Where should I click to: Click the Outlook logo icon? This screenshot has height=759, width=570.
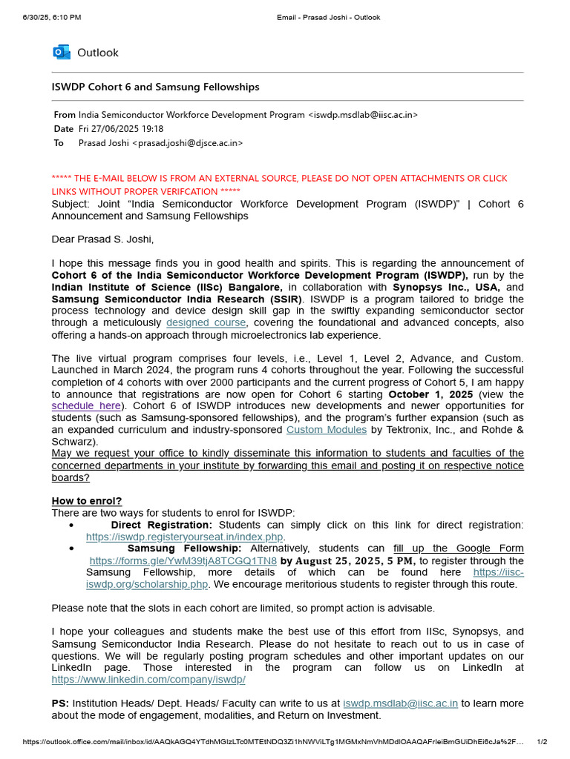61,53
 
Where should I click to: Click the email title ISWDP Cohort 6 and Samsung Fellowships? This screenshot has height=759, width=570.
155,87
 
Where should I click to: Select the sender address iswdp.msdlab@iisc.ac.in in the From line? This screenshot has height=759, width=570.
363,115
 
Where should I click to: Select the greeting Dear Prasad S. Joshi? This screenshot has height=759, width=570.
102,239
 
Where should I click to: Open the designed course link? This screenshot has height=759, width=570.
206,323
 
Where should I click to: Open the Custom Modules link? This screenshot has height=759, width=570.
327,430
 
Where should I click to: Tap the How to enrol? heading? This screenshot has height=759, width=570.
87,500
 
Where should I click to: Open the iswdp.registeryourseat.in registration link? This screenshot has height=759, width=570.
185,537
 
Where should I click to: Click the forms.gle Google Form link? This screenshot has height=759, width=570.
183,561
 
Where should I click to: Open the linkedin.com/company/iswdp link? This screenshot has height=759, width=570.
148,680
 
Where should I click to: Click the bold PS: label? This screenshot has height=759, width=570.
61,703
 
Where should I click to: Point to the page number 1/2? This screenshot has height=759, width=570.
541,742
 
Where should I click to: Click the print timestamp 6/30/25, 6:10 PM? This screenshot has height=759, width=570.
51,16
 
